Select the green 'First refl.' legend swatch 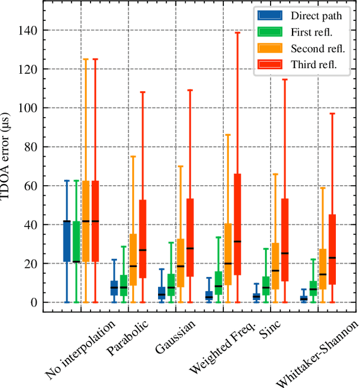point(268,32)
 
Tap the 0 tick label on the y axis point(34,302)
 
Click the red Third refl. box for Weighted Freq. point(237,224)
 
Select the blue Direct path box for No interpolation point(66,241)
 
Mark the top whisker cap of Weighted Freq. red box point(237,33)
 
